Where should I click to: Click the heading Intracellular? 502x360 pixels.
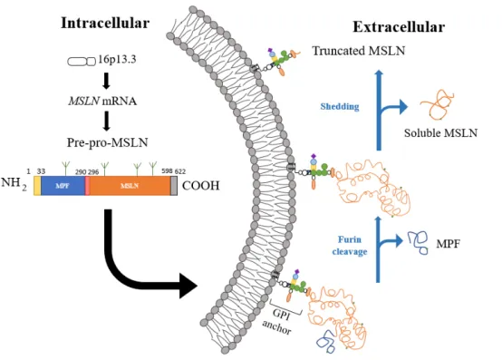pos(105,23)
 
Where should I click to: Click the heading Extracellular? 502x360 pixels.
pos(399,27)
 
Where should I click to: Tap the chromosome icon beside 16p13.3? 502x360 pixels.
pos(82,61)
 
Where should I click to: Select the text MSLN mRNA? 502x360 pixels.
pos(102,102)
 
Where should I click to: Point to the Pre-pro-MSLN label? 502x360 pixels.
pos(107,142)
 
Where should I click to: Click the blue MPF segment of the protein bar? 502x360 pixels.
pos(63,186)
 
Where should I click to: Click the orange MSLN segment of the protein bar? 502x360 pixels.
pos(130,186)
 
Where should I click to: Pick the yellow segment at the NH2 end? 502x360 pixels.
pos(37,186)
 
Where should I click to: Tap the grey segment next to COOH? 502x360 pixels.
pos(174,186)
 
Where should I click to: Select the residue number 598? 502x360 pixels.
pos(167,171)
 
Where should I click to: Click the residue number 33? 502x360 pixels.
pos(41,171)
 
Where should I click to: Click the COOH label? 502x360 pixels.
pos(201,186)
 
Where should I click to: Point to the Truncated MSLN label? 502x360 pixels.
pos(359,51)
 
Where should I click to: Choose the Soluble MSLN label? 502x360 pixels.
pos(440,132)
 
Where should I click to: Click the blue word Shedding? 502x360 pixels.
pos(340,106)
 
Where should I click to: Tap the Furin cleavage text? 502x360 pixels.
pos(350,246)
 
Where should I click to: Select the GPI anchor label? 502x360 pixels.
pos(279,321)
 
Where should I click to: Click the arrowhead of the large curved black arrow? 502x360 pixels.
pos(188,286)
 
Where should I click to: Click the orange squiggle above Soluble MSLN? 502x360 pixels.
pos(437,103)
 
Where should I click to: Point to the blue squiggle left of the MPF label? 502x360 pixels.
pos(418,242)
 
